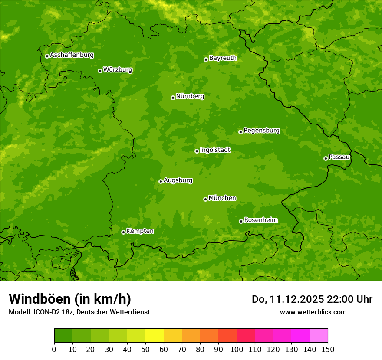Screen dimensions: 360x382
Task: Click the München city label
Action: coord(222,198)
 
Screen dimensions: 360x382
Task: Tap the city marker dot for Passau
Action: coord(326,158)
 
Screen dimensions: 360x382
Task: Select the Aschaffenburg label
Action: coord(72,55)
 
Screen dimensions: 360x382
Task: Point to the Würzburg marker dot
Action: coord(100,71)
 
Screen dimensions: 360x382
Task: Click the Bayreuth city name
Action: coord(223,58)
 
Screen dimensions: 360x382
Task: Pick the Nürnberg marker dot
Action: coord(173,98)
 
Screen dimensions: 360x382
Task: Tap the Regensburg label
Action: coord(261,131)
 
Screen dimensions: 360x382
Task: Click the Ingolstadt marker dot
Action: coord(197,151)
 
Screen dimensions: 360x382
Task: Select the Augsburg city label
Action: coord(178,180)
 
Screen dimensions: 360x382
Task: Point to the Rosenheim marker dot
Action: coord(241,221)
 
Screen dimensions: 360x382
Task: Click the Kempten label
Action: coord(140,231)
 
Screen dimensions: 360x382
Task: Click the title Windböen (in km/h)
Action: coord(70,299)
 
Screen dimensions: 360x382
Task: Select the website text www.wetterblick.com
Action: coord(313,312)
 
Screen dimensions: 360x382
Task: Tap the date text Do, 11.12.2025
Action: coord(288,299)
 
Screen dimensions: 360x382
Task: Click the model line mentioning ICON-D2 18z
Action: coord(79,312)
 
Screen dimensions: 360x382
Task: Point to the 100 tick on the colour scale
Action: coord(237,349)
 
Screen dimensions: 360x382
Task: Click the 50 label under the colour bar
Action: coord(145,349)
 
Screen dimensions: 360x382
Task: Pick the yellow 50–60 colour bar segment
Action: coord(155,335)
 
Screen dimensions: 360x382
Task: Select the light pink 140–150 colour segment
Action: coord(319,335)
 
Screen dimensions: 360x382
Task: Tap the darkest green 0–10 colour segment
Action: coord(63,335)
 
